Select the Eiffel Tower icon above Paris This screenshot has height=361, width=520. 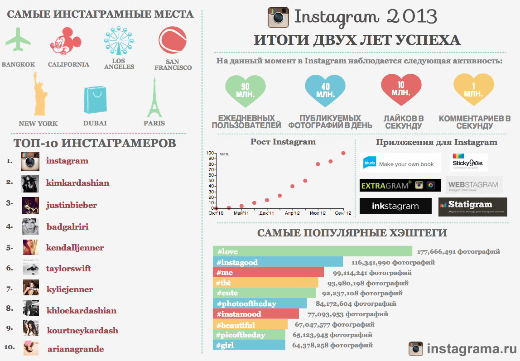click(154, 98)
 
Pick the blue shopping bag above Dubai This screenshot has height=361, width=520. click(95, 100)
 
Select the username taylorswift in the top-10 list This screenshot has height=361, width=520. click(68, 269)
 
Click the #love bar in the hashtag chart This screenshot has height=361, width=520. click(312, 251)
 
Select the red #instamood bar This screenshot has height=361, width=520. click(255, 314)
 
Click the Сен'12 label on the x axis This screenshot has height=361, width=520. click(343, 213)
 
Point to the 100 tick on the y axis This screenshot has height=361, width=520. click(209, 153)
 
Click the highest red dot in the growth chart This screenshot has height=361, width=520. click(343, 153)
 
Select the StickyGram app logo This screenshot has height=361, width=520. click(469, 162)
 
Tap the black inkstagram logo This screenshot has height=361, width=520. click(395, 206)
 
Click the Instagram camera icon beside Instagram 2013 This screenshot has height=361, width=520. click(278, 17)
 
